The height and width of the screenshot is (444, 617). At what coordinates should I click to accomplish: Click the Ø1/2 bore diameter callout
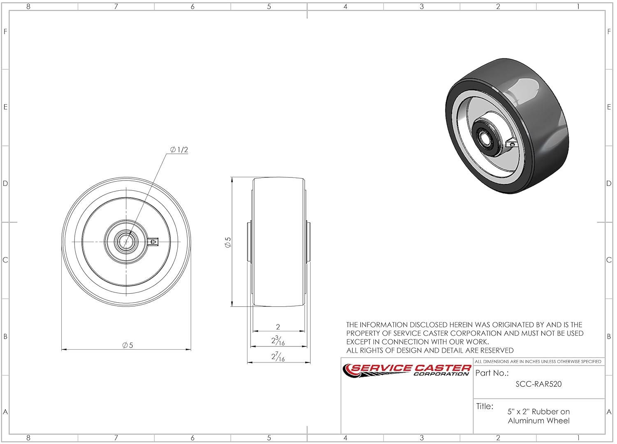click(179, 150)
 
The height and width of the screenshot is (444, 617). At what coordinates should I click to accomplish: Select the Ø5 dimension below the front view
click(128, 346)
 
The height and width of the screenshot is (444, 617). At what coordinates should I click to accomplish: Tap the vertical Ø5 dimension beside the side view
click(227, 242)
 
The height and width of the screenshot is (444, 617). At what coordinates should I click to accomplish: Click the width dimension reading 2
click(278, 327)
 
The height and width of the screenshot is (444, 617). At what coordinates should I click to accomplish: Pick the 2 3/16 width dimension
click(278, 341)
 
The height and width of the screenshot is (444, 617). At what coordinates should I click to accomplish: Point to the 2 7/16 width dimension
click(278, 357)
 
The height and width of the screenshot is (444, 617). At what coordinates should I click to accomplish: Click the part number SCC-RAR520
click(538, 384)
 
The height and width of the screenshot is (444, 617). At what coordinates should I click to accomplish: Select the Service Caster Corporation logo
click(407, 370)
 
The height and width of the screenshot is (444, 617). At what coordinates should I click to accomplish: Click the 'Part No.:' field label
click(492, 373)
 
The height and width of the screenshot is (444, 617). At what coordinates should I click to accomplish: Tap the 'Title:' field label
click(485, 407)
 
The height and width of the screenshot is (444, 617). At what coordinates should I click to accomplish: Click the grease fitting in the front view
click(153, 241)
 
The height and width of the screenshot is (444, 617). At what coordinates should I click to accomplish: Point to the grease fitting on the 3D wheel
click(512, 144)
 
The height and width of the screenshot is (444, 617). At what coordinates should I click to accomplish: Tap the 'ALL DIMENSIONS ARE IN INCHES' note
click(538, 362)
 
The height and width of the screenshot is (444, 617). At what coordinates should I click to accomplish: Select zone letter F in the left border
click(5, 32)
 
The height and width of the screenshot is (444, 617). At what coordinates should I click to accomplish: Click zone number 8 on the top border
click(28, 7)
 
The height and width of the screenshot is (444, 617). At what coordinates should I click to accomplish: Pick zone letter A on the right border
click(609, 412)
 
